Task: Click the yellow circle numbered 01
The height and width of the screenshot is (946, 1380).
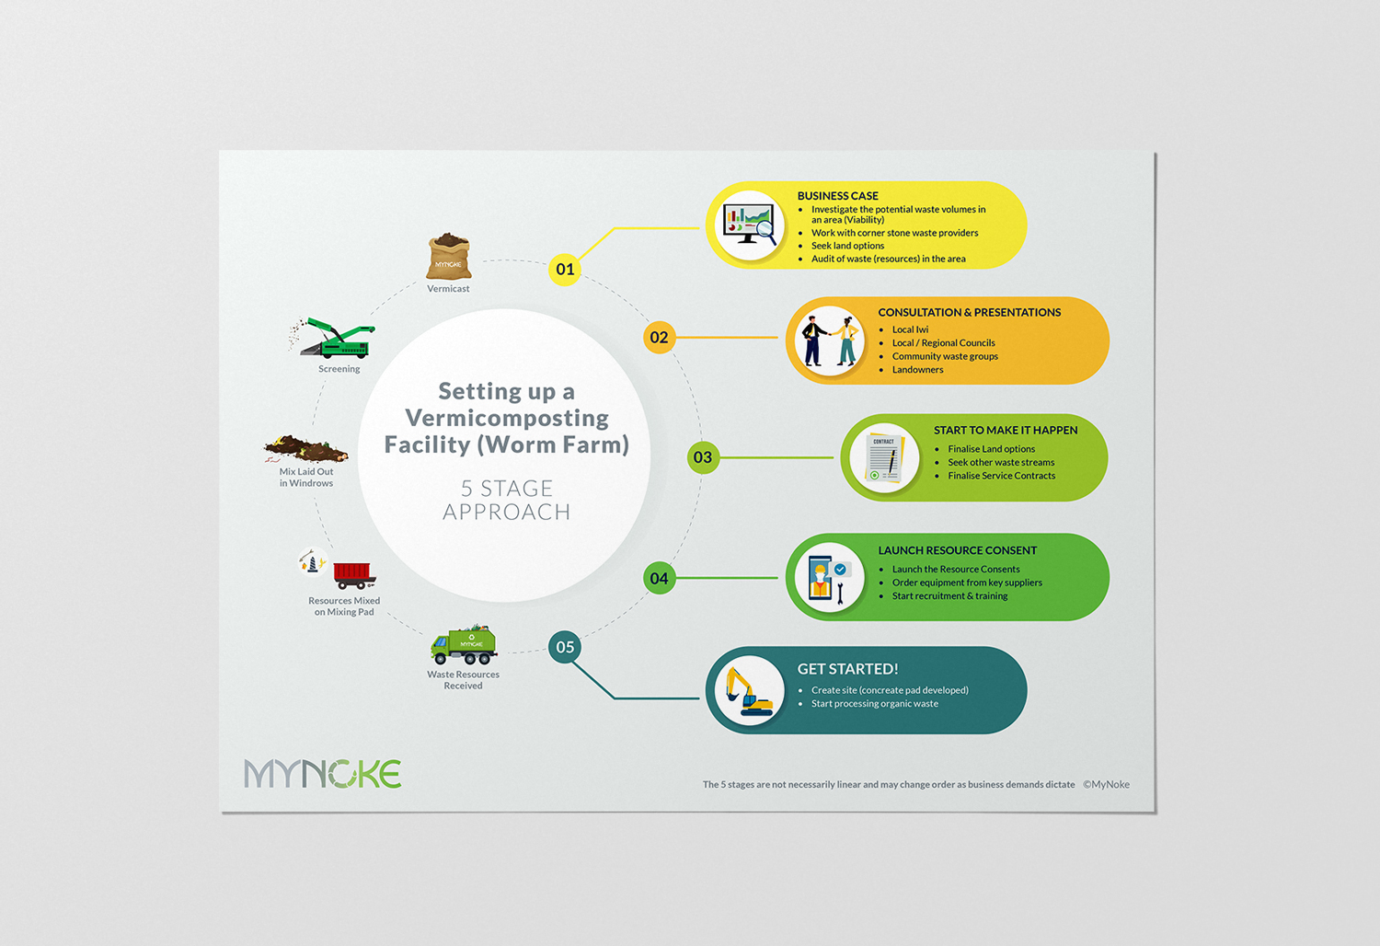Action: [x=565, y=270]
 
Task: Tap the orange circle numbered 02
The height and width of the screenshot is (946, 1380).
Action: [x=660, y=337]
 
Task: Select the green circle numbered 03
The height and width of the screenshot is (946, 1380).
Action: [x=703, y=457]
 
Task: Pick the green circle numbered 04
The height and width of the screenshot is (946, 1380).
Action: [x=660, y=578]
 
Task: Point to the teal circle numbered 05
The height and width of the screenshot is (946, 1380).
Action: [x=565, y=647]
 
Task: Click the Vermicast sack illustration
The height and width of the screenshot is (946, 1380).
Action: [x=449, y=257]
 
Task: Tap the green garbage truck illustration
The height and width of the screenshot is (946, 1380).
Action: [x=464, y=645]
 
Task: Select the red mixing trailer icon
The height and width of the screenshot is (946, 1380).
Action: [x=354, y=574]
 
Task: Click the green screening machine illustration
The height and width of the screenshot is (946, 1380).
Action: [x=333, y=338]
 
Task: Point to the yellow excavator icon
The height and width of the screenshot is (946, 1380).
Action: [x=749, y=691]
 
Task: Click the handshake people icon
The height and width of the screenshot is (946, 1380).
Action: [x=830, y=340]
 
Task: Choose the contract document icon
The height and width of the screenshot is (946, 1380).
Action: [x=885, y=458]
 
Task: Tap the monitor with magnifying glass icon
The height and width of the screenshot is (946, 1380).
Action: [x=750, y=225]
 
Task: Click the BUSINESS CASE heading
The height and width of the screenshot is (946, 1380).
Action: [x=838, y=196]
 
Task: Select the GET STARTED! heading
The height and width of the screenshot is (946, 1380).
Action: [x=847, y=669]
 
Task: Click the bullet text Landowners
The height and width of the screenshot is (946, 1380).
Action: [x=917, y=370]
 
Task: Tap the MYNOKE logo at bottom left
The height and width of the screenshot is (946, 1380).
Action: [x=323, y=773]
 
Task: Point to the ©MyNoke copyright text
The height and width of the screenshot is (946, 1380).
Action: [x=1107, y=785]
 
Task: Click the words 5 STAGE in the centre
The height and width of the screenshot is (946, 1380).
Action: [x=507, y=488]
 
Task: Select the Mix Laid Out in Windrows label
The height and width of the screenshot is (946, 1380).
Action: [x=306, y=477]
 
